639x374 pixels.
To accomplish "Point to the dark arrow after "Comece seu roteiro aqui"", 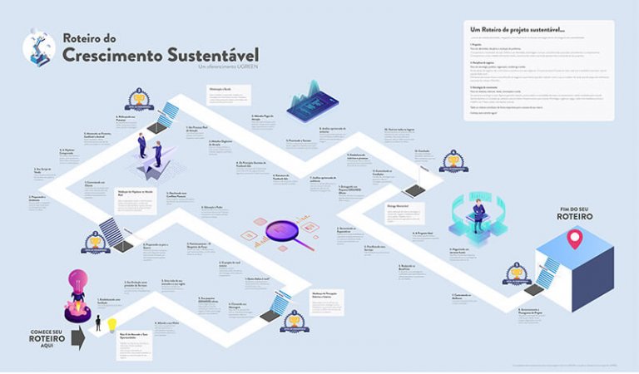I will coord(77,337).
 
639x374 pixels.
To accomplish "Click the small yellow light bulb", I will coord(111,326).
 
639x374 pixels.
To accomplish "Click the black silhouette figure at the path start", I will coord(97,322).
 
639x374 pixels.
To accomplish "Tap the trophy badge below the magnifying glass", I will coord(292,321).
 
